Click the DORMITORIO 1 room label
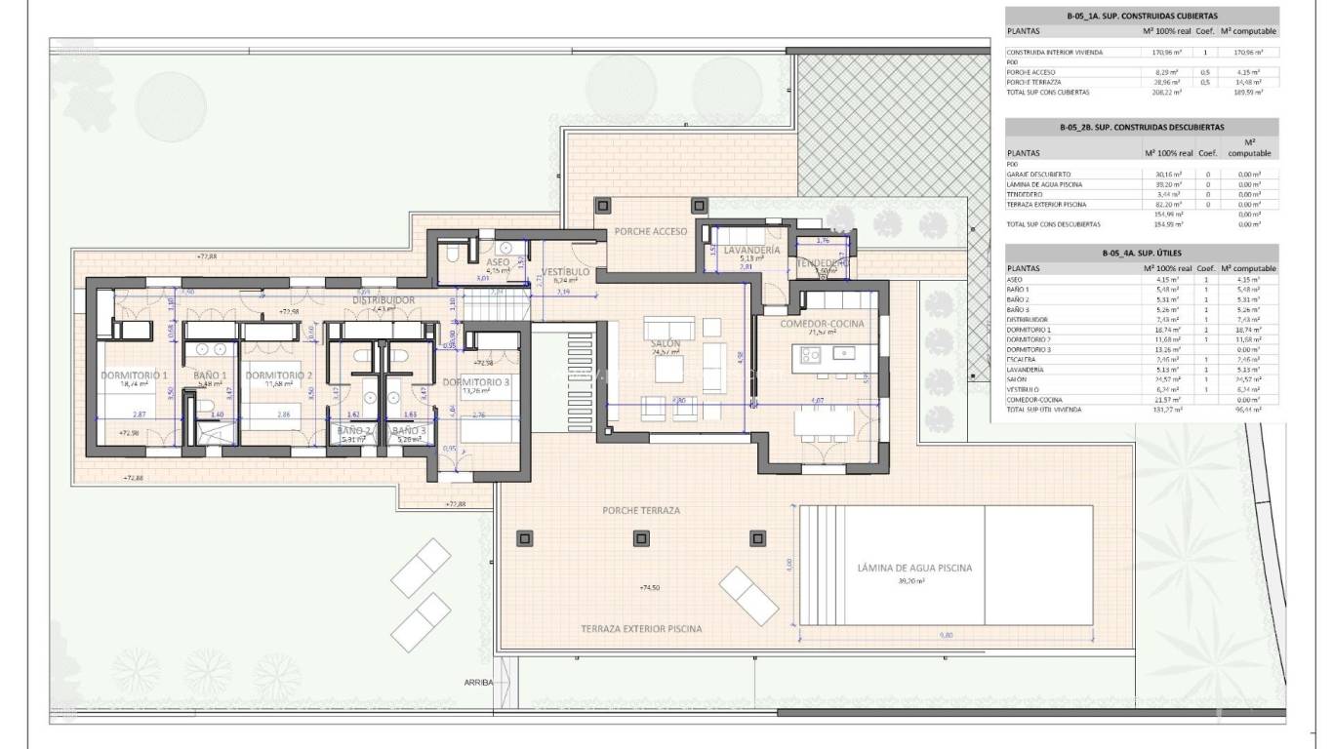(135, 374)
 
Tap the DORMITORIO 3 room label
(476, 382)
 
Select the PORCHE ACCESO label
(650, 232)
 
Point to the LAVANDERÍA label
(750, 251)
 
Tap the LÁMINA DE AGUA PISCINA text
(914, 568)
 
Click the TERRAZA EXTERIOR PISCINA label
(641, 629)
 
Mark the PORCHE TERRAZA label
(641, 510)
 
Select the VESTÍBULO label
(565, 271)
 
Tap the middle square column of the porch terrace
(641, 537)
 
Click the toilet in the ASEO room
(452, 254)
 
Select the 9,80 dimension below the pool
(945, 635)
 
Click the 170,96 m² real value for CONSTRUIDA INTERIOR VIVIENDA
(1167, 52)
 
